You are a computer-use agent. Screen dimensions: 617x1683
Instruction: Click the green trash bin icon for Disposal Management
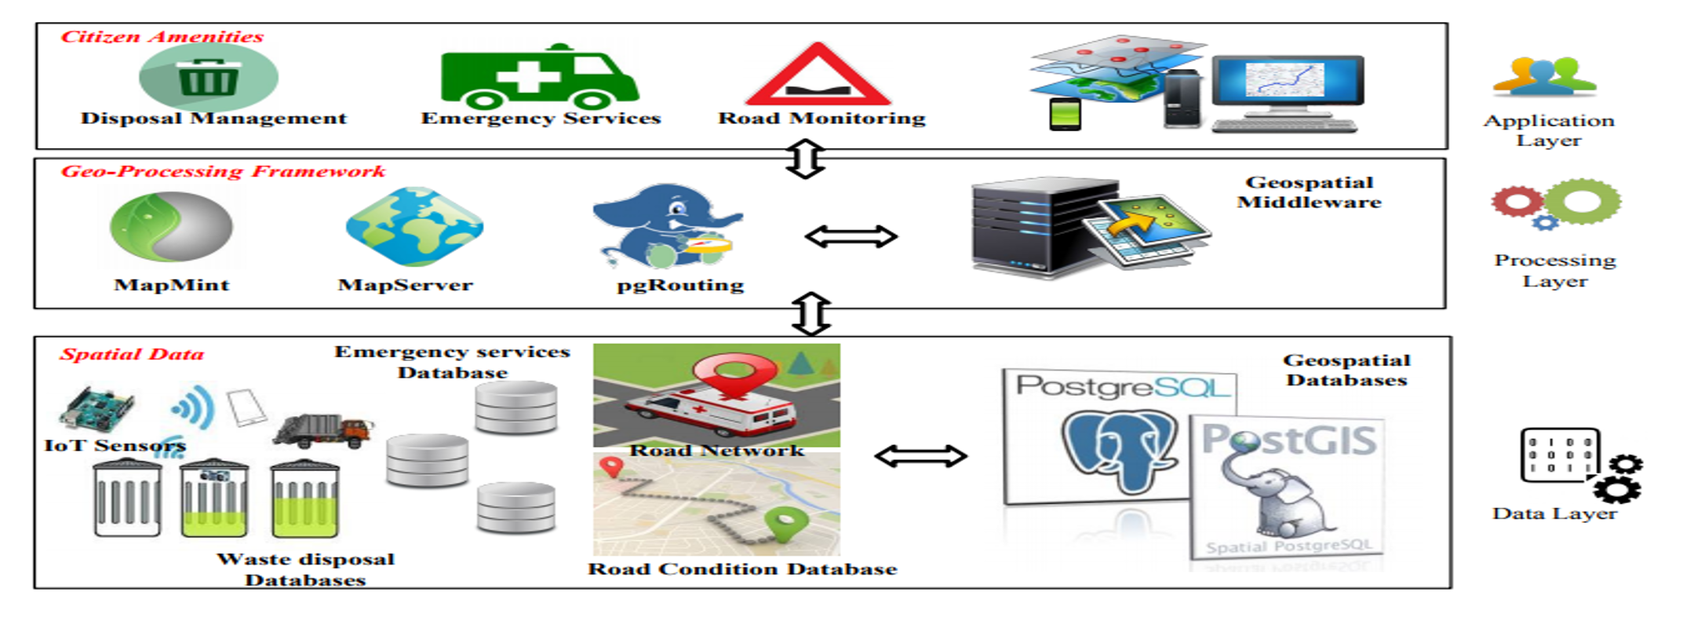[208, 78]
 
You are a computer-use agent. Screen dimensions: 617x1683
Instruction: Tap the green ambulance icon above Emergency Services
[539, 77]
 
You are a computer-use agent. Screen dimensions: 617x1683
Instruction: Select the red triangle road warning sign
[818, 77]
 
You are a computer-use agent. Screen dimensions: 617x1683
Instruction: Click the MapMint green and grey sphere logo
[171, 227]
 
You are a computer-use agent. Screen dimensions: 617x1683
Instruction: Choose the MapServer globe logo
[414, 226]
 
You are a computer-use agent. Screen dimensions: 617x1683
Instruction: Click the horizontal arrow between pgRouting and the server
[851, 236]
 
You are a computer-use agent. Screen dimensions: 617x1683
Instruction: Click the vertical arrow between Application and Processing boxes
[806, 159]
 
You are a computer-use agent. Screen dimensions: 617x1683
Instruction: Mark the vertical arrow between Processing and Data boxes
[811, 314]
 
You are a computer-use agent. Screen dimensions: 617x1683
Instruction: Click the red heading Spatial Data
[132, 354]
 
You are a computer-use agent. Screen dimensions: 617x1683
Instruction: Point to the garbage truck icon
[322, 430]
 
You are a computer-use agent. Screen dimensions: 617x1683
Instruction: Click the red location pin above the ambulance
[734, 372]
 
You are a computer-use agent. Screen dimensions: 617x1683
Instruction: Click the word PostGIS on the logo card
[1289, 440]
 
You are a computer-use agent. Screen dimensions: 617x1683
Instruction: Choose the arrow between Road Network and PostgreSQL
[921, 456]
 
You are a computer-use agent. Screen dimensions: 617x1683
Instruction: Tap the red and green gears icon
[1556, 203]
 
